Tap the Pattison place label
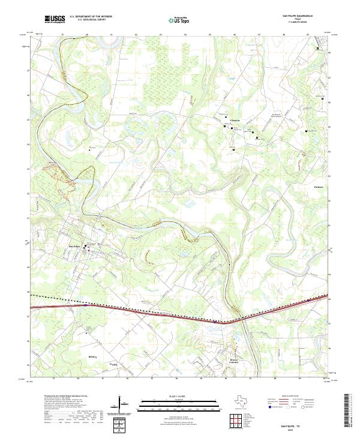click(x=319, y=187)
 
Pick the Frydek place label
click(x=112, y=364)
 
